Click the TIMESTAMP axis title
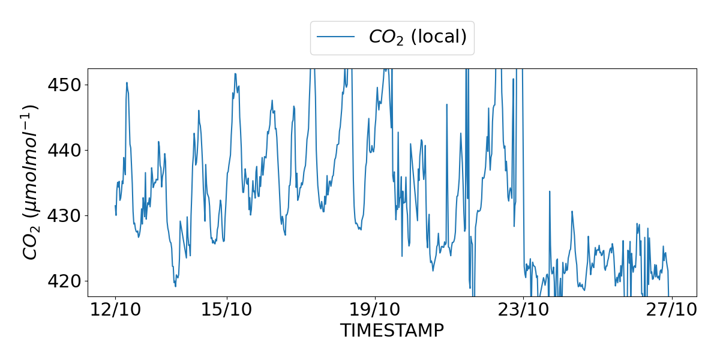click(392, 331)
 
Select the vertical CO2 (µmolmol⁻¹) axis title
click(31, 182)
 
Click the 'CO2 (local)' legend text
click(418, 37)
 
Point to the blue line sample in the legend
click(335, 37)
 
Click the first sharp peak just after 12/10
click(127, 83)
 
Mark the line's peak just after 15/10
click(235, 74)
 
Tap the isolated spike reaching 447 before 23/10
click(447, 104)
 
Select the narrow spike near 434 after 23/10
click(549, 191)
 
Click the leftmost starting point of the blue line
click(115, 206)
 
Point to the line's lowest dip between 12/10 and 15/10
click(175, 286)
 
